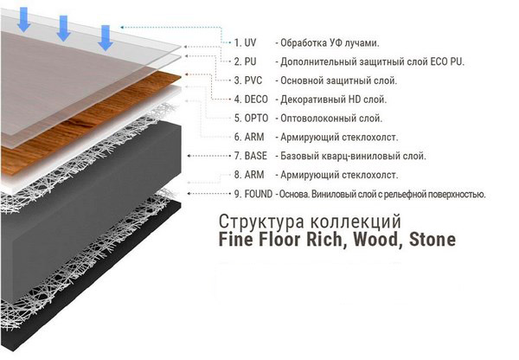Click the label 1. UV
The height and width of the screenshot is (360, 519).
pyautogui.click(x=245, y=42)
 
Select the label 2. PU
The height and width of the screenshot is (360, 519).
pyautogui.click(x=246, y=61)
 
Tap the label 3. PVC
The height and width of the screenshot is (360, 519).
pyautogui.click(x=248, y=80)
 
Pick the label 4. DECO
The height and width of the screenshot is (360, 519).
pyautogui.click(x=251, y=100)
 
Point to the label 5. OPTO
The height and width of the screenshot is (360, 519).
pyautogui.click(x=251, y=119)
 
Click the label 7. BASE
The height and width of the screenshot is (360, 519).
pyautogui.click(x=251, y=156)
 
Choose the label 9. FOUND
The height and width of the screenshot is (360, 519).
pyautogui.click(x=253, y=194)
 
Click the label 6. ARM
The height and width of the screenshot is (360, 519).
pyautogui.click(x=249, y=137)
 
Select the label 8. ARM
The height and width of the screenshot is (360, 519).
pyautogui.click(x=249, y=175)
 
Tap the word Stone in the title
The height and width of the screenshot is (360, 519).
pyautogui.click(x=432, y=240)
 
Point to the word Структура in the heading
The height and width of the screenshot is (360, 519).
pyautogui.click(x=261, y=222)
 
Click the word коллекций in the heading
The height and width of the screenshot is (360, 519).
pyautogui.click(x=356, y=222)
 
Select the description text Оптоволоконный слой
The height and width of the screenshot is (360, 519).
pyautogui.click(x=331, y=119)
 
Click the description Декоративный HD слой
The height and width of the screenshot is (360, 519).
pyautogui.click(x=333, y=100)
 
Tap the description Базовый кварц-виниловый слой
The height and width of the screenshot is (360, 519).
pyautogui.click(x=353, y=156)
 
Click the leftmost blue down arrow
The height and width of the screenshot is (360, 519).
pyautogui.click(x=24, y=20)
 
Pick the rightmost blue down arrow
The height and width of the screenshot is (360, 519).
pyautogui.click(x=106, y=38)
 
